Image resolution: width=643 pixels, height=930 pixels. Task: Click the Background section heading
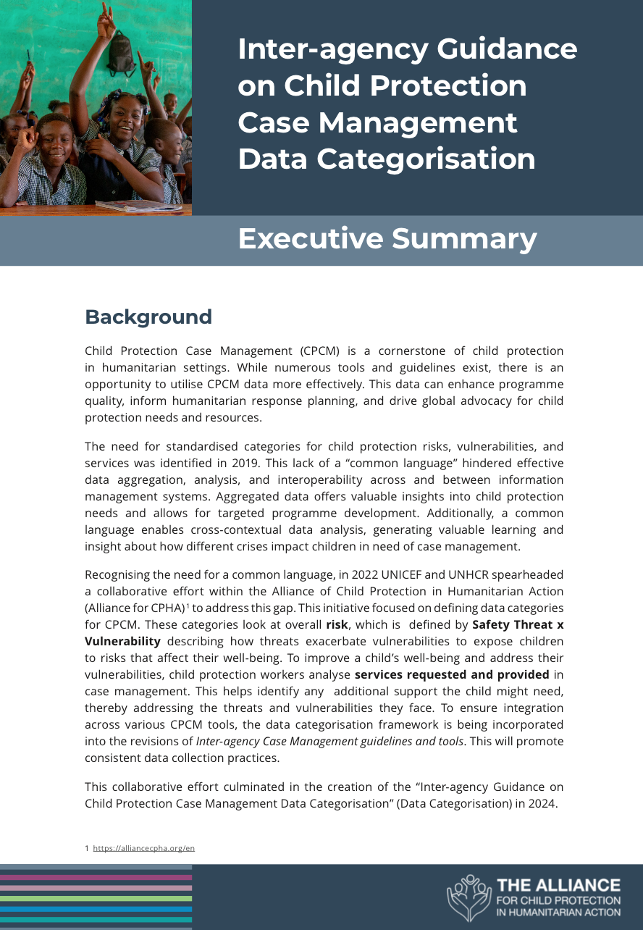click(x=148, y=317)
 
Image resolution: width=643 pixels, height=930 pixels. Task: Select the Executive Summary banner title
click(x=387, y=239)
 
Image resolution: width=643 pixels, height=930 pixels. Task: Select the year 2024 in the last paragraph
click(x=543, y=803)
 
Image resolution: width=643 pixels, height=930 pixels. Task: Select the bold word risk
click(x=337, y=624)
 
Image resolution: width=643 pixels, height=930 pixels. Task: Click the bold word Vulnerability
click(x=122, y=641)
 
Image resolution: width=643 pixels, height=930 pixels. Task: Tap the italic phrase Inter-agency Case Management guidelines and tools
click(x=329, y=741)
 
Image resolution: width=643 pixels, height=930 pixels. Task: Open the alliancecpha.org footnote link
click(x=144, y=848)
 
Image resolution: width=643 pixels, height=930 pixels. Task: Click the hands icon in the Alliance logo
click(x=468, y=897)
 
